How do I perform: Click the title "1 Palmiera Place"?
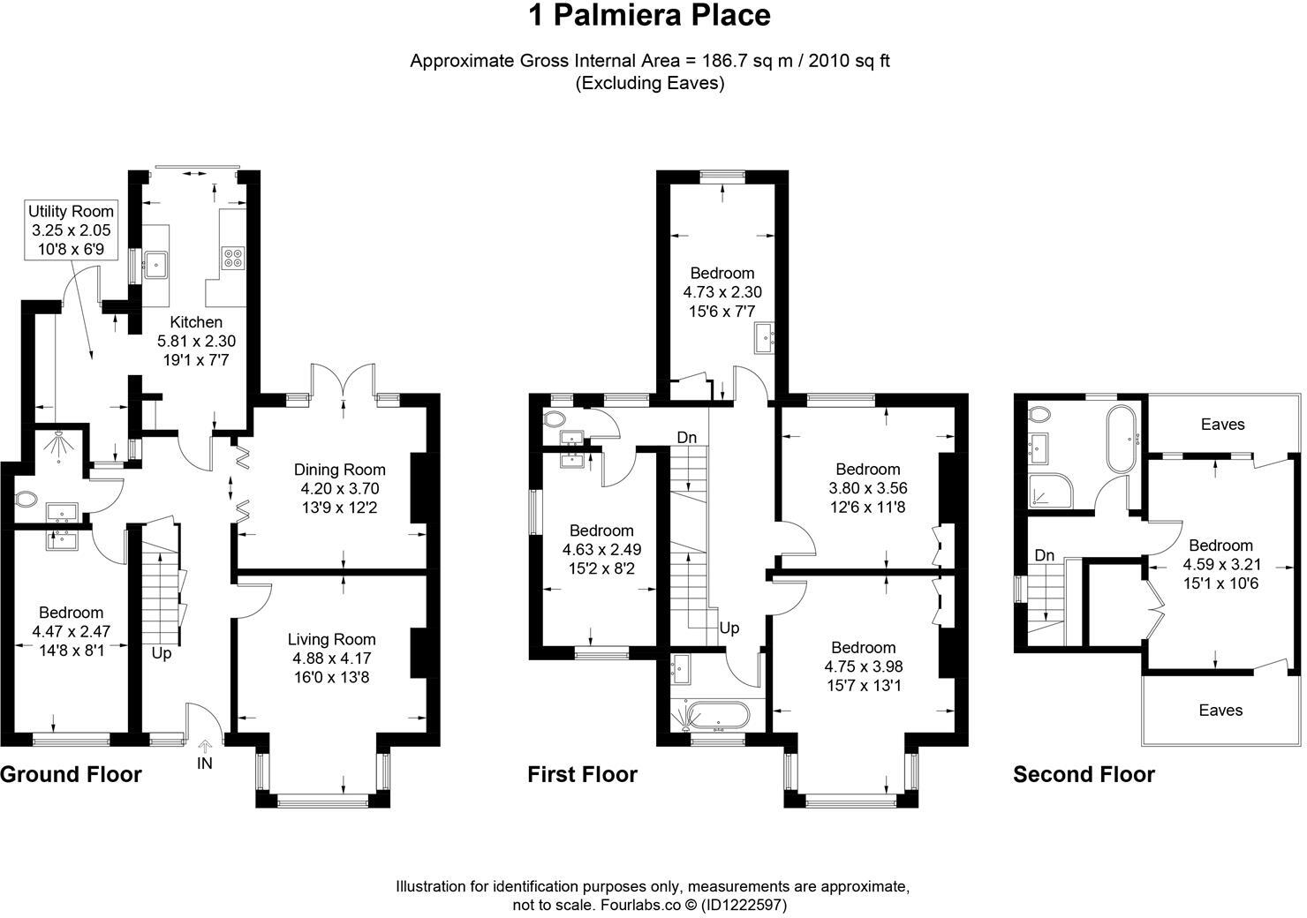click(649, 16)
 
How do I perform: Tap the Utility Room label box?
click(72, 229)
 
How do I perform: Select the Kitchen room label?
click(196, 322)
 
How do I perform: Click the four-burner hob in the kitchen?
click(233, 258)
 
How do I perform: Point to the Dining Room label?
click(340, 470)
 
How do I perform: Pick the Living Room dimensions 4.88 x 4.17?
click(331, 658)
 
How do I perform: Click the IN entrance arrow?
click(205, 745)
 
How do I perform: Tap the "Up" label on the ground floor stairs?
click(162, 652)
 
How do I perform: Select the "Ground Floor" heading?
click(72, 774)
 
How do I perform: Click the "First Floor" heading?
click(582, 774)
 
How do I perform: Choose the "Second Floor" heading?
click(1084, 774)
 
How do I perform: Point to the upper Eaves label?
click(1222, 424)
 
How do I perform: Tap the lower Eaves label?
click(1220, 710)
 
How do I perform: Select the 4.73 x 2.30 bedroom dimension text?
click(722, 292)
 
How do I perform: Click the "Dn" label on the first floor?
click(687, 438)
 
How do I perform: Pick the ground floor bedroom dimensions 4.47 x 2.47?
click(72, 632)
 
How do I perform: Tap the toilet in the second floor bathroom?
click(1039, 414)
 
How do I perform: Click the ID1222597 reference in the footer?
click(744, 905)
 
